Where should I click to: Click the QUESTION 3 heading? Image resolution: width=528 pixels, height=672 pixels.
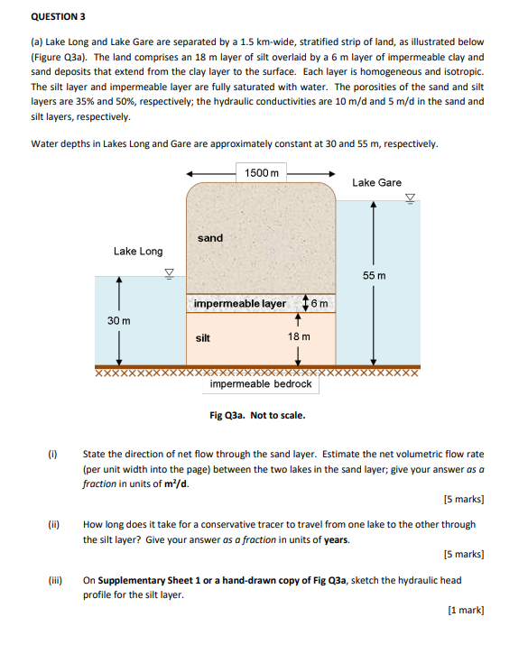[58, 17]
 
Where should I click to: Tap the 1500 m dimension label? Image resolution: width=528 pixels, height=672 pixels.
[262, 172]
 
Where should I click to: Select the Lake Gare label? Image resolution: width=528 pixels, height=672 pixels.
[376, 182]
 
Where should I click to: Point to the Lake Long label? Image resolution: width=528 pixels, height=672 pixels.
[138, 251]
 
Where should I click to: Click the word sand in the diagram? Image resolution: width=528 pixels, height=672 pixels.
[210, 238]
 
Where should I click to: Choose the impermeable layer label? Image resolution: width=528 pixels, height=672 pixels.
[240, 303]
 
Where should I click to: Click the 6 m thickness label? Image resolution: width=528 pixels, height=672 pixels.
[320, 303]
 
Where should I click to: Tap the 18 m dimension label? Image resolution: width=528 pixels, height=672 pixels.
[299, 336]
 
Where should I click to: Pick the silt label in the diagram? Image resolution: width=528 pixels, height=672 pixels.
[203, 338]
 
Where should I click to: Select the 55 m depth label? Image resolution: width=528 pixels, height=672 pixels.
[374, 276]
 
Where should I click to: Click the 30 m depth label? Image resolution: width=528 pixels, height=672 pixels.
[119, 320]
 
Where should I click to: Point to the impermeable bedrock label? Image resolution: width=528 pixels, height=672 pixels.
[261, 383]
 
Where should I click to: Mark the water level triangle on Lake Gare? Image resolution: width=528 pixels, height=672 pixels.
[411, 198]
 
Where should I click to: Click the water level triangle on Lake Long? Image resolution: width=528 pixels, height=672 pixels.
[170, 273]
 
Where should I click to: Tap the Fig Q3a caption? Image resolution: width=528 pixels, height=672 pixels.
[257, 415]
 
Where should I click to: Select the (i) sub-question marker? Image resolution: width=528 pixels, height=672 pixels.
[52, 454]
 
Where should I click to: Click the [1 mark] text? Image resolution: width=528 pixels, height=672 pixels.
[466, 610]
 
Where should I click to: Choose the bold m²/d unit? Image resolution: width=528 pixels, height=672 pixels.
[177, 483]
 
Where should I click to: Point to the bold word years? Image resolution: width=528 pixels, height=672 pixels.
[338, 539]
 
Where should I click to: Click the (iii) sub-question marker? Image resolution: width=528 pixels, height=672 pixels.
[55, 580]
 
